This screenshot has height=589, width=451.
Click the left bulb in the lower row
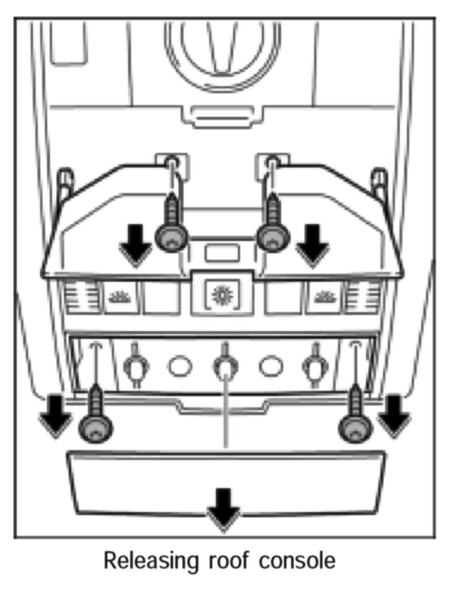(135, 365)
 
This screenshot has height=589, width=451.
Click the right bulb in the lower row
(314, 365)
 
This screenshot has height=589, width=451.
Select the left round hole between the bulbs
(180, 366)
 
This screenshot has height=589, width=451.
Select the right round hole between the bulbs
(270, 366)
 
